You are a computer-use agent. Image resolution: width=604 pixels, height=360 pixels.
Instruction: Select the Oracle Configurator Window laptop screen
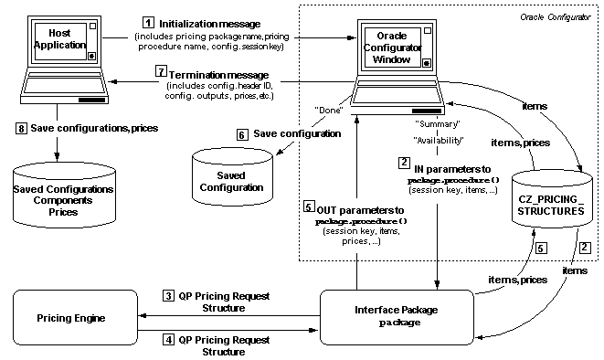pos(391,47)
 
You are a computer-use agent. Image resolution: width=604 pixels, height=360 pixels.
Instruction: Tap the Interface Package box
pos(395,315)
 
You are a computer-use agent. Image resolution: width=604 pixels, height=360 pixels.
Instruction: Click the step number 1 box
pos(148,21)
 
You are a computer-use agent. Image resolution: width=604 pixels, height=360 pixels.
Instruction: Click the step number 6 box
pos(241,133)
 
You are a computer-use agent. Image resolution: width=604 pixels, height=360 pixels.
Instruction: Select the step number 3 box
pos(167,295)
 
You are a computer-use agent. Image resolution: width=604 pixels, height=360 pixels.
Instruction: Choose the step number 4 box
pos(167,339)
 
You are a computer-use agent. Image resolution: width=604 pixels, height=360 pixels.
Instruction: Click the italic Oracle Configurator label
pos(556,18)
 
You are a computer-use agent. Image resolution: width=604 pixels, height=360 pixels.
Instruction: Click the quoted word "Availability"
pos(437,140)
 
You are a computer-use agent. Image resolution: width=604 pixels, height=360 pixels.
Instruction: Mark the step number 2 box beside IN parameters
pos(403,163)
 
